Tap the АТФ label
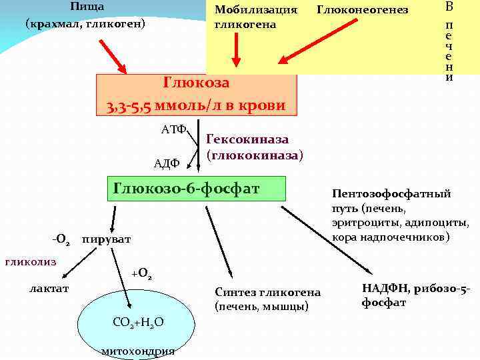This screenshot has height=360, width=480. coord(173,129)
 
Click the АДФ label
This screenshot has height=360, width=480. coord(167,163)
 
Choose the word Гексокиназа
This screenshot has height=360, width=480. coord(247,139)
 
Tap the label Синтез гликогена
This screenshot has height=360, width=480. coord(267,293)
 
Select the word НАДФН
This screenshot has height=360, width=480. coord(385,288)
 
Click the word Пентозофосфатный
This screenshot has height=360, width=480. coord(391,194)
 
